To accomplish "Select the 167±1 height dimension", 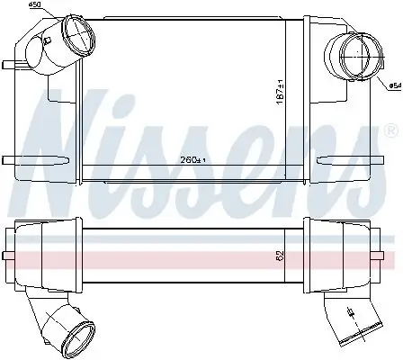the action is coord(280,93).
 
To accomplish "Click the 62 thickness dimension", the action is coord(280,256).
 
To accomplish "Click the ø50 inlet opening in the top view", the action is coord(78,35).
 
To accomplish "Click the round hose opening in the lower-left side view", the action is coord(77,340).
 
